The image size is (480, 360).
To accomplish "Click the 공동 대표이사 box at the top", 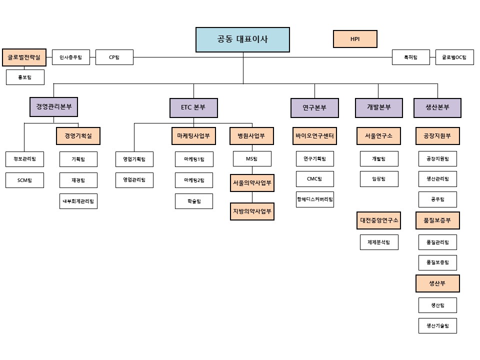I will coord(242,39).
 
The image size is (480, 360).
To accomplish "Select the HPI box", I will coord(355,39).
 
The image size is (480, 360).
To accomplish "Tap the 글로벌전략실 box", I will coord(24,57).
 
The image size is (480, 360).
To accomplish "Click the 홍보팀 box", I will coord(25,77).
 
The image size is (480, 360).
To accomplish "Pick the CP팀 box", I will coord(114,57).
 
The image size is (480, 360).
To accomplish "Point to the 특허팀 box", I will coord(411,57).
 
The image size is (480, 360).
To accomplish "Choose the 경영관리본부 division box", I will coord(54,107).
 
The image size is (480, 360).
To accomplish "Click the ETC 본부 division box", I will coord(193,107).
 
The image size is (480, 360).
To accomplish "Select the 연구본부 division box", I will coord(314,107).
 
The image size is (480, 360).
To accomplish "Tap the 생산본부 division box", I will coord(437,107).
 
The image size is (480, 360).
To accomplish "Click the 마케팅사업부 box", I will coord(193,136).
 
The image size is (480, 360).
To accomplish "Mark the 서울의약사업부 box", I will coord(252,183).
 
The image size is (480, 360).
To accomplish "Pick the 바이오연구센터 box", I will coord(314,136).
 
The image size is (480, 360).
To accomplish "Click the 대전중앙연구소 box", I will coord(379,220).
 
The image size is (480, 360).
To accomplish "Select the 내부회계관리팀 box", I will coord(78,201).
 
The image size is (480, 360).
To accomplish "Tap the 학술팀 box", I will coord(193,201).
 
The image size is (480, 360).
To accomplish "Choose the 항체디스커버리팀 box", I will coord(314,199).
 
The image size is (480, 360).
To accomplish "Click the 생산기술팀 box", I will coord(437,325).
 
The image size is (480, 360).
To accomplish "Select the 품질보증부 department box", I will coord(437,220).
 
